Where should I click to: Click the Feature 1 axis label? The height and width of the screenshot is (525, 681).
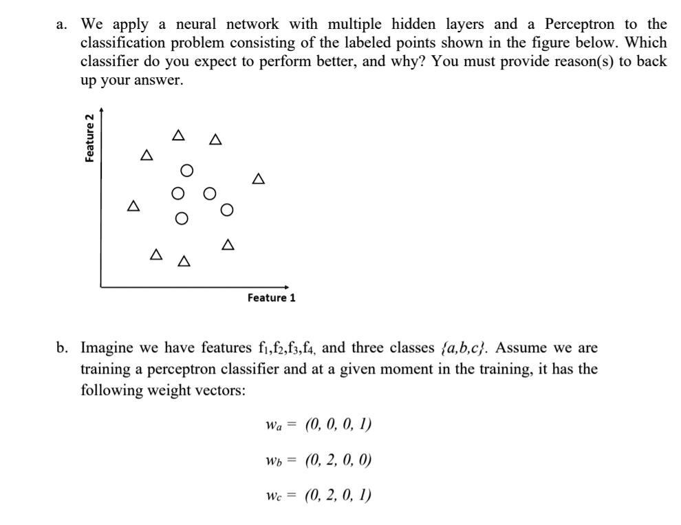tap(271, 298)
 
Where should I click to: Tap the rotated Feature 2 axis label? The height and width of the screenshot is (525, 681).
tap(89, 138)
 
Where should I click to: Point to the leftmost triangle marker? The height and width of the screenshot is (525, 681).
tap(132, 206)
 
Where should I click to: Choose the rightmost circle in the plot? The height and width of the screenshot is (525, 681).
tap(228, 209)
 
